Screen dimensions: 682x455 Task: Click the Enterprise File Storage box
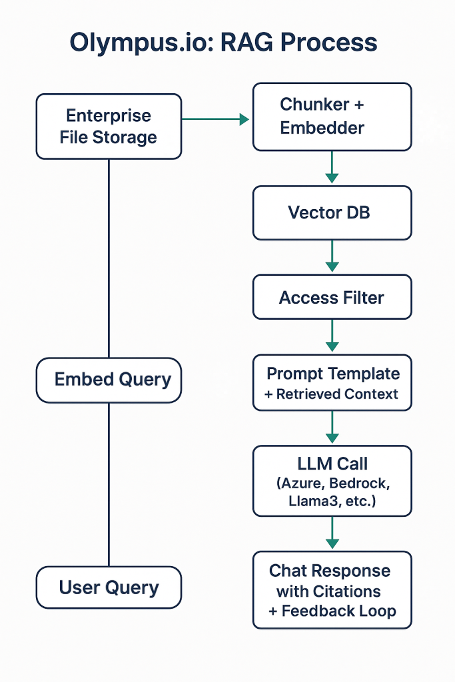tap(109, 127)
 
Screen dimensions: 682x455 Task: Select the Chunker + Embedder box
tap(332, 117)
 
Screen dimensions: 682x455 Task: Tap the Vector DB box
tap(332, 212)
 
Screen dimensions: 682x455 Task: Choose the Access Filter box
tap(332, 297)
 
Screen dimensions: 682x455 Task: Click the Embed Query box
tap(109, 380)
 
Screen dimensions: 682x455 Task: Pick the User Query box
tap(109, 587)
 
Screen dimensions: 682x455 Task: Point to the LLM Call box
tap(332, 481)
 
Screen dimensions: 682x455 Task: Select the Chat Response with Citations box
tap(332, 590)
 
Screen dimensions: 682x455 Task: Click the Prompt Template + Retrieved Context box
tap(332, 383)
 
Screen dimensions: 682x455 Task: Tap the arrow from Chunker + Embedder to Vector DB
tap(332, 167)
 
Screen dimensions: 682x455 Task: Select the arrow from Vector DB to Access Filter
tap(332, 257)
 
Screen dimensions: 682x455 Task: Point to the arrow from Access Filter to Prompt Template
tap(332, 336)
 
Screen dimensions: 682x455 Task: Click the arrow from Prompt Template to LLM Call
tap(332, 428)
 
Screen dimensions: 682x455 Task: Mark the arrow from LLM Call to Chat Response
tap(332, 532)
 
